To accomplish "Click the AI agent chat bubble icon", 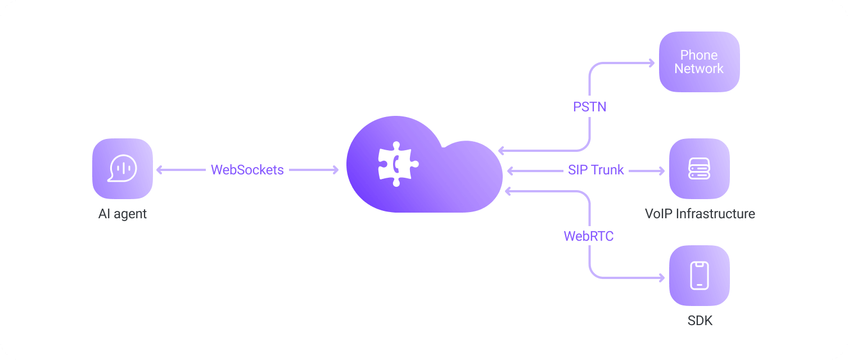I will pos(123,168).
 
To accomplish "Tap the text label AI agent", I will pos(123,214).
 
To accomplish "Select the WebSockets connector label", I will pos(247,170).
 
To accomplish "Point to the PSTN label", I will pos(589,106).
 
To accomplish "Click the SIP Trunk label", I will pos(596,170).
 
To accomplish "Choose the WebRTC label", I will pos(588,236).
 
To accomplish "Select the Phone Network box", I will pos(699,62).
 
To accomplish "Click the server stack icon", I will pos(699,168).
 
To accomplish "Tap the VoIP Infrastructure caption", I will pos(700,214).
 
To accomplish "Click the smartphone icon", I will pos(699,276).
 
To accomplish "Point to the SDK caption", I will pos(700,321).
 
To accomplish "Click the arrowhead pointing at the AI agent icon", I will pos(160,170).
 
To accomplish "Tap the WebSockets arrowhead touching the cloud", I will pos(335,170).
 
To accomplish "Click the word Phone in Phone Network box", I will pos(699,55).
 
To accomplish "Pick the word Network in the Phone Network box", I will pos(699,69).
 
